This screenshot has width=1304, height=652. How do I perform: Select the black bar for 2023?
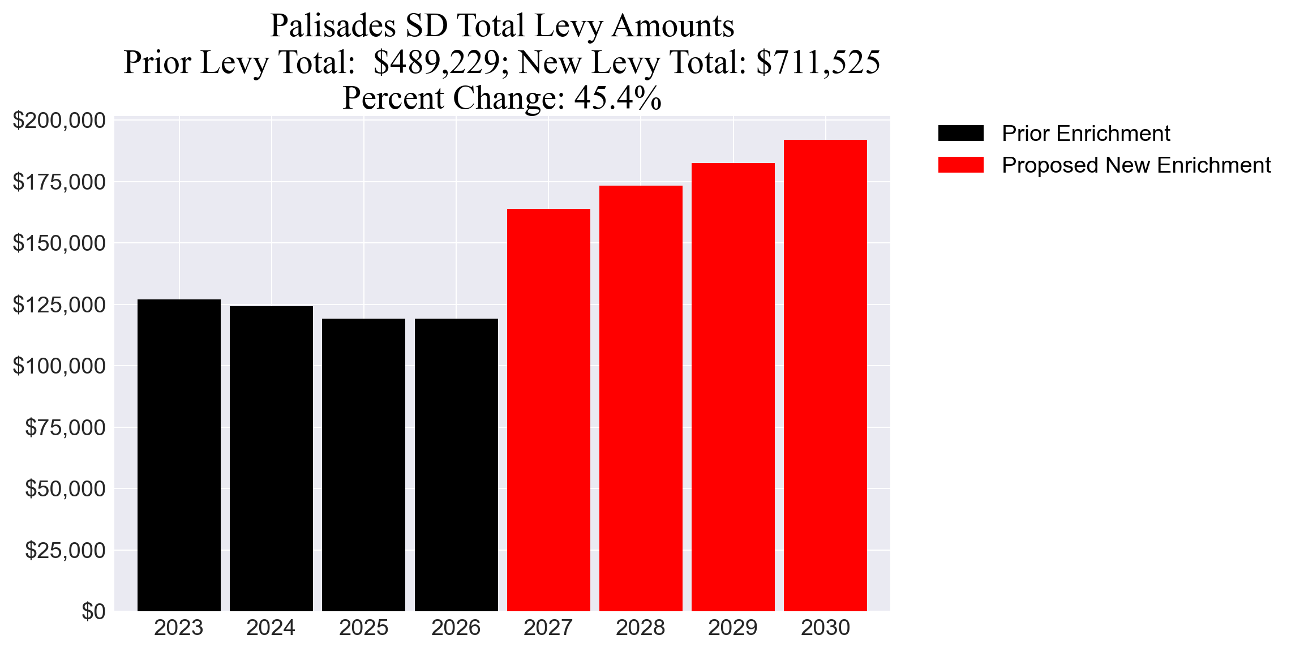(x=179, y=455)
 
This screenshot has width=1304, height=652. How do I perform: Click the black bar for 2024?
(x=271, y=458)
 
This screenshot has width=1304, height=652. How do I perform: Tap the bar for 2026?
(x=456, y=464)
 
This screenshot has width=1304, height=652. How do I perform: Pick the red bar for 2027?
(x=548, y=410)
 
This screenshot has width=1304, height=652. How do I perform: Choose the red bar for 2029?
(x=733, y=387)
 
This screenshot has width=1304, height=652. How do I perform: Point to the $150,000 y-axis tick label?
(x=59, y=243)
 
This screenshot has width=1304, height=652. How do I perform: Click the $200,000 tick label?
(x=59, y=120)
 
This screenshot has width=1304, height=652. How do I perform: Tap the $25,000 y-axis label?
(x=65, y=550)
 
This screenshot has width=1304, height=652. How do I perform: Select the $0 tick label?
(x=93, y=611)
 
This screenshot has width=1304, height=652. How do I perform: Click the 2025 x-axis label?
(x=363, y=628)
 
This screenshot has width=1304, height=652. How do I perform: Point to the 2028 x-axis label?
(x=640, y=628)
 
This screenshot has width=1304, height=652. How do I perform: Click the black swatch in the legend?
(x=960, y=133)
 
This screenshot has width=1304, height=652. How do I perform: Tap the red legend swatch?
(x=960, y=165)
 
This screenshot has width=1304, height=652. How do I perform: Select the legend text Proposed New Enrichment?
(x=1136, y=165)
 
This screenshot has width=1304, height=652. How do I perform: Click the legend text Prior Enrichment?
(x=1086, y=133)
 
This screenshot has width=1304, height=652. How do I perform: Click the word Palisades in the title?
(x=333, y=26)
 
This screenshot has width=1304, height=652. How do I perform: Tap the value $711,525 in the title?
(x=818, y=62)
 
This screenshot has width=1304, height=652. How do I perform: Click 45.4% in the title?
(x=617, y=98)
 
